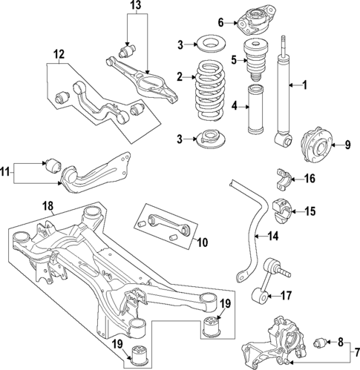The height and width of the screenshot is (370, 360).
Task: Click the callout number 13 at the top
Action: tap(134, 6)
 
